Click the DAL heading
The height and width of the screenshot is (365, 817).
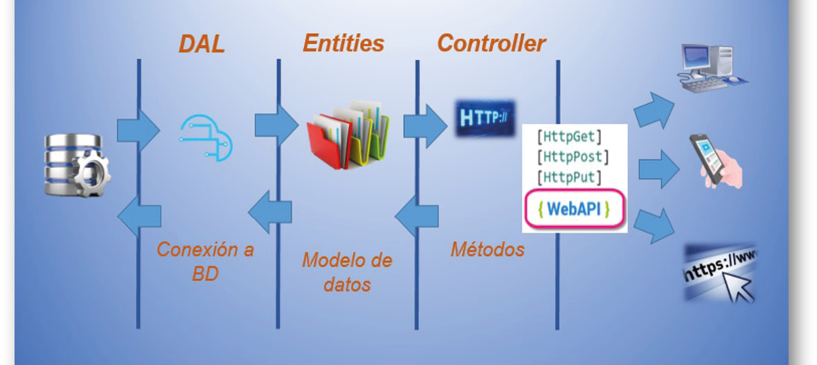(202, 45)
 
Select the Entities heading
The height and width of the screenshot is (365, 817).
(344, 43)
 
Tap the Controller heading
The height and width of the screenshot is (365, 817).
(491, 43)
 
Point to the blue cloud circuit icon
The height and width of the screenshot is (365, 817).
(206, 138)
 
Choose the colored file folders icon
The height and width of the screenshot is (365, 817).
(348, 134)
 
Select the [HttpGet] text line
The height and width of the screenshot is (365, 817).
(569, 138)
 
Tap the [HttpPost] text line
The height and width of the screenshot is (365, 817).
(573, 156)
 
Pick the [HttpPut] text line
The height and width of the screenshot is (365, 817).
(569, 177)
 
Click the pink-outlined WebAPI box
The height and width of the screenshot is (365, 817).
(574, 209)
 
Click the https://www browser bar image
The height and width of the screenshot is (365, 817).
(720, 272)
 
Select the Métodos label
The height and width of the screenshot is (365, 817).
(487, 250)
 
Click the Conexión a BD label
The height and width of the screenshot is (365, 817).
(205, 262)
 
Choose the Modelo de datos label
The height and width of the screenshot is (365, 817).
(347, 272)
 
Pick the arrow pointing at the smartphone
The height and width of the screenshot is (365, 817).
(659, 168)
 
